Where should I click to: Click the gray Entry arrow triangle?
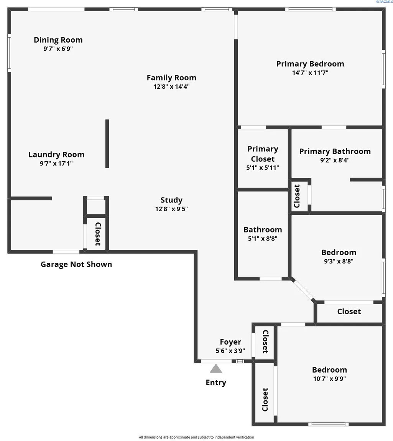[216, 368]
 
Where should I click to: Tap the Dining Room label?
[58, 40]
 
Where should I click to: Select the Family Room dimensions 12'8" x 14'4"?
[171, 86]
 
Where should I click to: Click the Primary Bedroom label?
[310, 64]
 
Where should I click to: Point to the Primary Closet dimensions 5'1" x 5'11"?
[263, 167]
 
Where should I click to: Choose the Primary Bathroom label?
[335, 152]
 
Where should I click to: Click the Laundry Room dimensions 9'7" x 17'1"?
[56, 163]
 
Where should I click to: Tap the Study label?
[171, 200]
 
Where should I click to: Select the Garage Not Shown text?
[76, 264]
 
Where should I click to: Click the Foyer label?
[230, 342]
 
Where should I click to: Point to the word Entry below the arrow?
[216, 383]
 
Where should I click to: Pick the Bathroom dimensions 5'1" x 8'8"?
[263, 239]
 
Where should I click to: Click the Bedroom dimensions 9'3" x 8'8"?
[339, 261]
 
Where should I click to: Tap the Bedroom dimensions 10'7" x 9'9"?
[330, 378]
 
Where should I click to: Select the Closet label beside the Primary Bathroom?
[297, 196]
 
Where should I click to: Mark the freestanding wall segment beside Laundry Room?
[107, 144]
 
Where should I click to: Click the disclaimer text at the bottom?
[196, 437]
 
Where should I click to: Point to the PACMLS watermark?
[384, 2]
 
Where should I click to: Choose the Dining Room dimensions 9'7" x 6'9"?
[58, 49]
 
